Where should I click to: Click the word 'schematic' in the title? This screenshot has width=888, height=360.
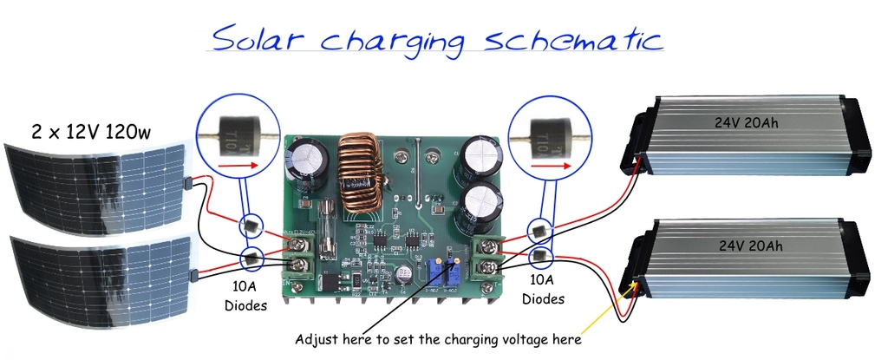pyautogui.click(x=571, y=39)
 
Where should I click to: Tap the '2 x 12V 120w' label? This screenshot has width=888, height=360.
pyautogui.click(x=91, y=133)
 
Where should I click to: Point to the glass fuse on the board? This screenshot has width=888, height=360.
pyautogui.click(x=326, y=230)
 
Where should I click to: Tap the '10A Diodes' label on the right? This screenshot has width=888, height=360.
pyautogui.click(x=541, y=290)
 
